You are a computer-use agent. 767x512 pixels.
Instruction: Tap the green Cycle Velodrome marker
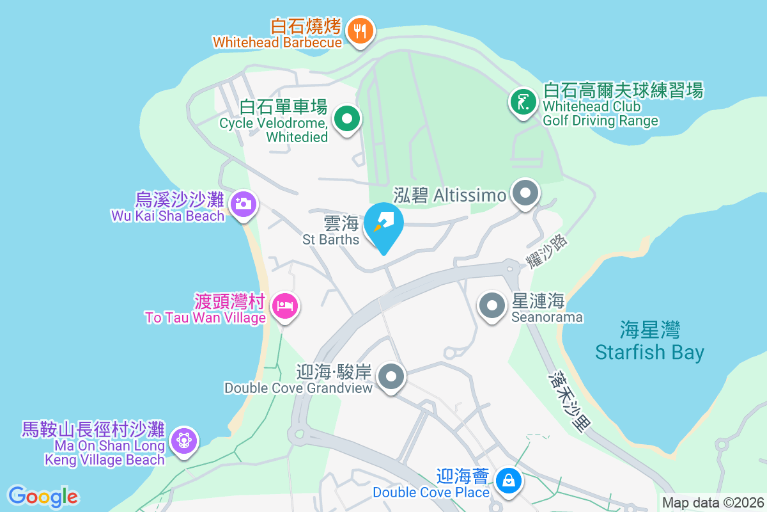coord(347,119)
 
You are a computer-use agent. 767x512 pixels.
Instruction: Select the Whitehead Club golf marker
coord(523,102)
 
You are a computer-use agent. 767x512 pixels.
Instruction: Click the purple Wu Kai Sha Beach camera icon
coord(243,205)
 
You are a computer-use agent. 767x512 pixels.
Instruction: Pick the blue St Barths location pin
coord(383,225)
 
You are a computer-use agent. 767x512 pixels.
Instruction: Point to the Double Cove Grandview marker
coord(392,376)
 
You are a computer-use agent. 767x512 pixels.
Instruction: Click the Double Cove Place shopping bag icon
coord(509,479)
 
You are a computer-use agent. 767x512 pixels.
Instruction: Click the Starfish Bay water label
coord(649,342)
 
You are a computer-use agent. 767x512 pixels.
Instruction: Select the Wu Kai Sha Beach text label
coord(168,216)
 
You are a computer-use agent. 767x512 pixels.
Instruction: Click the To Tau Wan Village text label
coord(205,317)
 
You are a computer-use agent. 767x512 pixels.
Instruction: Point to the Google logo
coord(43,496)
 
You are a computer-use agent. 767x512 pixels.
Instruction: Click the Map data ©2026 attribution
coord(713,502)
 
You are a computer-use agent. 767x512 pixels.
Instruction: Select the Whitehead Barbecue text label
coord(277,42)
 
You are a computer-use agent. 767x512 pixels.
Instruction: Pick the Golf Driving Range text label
coord(600,120)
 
